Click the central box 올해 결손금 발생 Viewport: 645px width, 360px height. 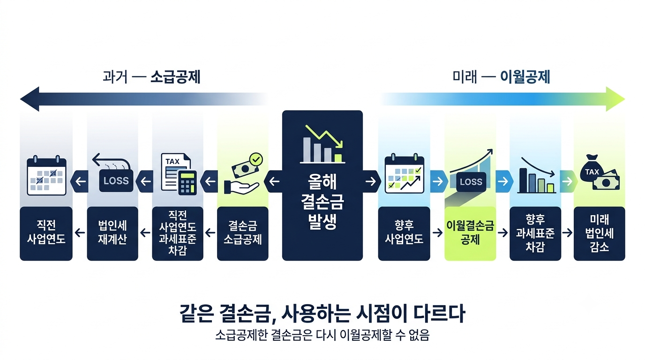(322, 186)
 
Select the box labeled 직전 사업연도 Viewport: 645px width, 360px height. (46, 233)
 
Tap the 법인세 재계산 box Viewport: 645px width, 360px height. (112, 233)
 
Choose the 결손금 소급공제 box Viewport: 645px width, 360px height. (243, 233)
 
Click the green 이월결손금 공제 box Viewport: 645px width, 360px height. (470, 233)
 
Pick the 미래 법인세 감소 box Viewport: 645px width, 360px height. (600, 233)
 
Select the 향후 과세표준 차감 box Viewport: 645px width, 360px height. (535, 233)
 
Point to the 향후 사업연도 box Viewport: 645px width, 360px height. (404, 233)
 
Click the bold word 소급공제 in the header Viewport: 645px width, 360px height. (175, 77)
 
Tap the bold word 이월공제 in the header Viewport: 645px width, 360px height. (525, 77)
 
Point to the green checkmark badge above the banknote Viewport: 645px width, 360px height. (256, 159)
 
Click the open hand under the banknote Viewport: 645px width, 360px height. (241, 187)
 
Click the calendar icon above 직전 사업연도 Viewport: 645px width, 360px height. (47, 176)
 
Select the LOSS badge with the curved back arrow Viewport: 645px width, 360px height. (116, 180)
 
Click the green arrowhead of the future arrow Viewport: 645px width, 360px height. (615, 99)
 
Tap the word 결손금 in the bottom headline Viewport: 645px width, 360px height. (245, 314)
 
